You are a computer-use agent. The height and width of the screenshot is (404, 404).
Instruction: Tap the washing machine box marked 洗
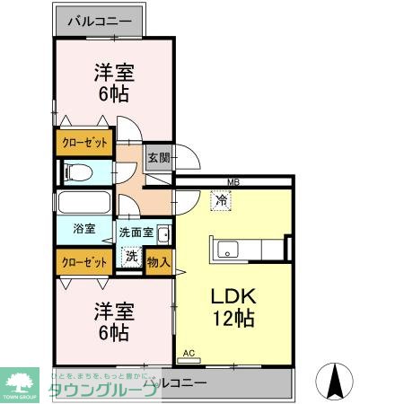tap(130, 256)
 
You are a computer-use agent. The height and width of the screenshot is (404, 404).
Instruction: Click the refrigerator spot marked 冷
tap(220, 201)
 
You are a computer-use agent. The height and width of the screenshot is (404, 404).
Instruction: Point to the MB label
tap(233, 182)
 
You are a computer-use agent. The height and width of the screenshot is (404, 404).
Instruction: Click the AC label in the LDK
tap(189, 353)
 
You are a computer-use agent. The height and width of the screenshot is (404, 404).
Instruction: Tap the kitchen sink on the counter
tap(224, 247)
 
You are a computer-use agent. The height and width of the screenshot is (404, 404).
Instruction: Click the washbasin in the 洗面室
tap(163, 235)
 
